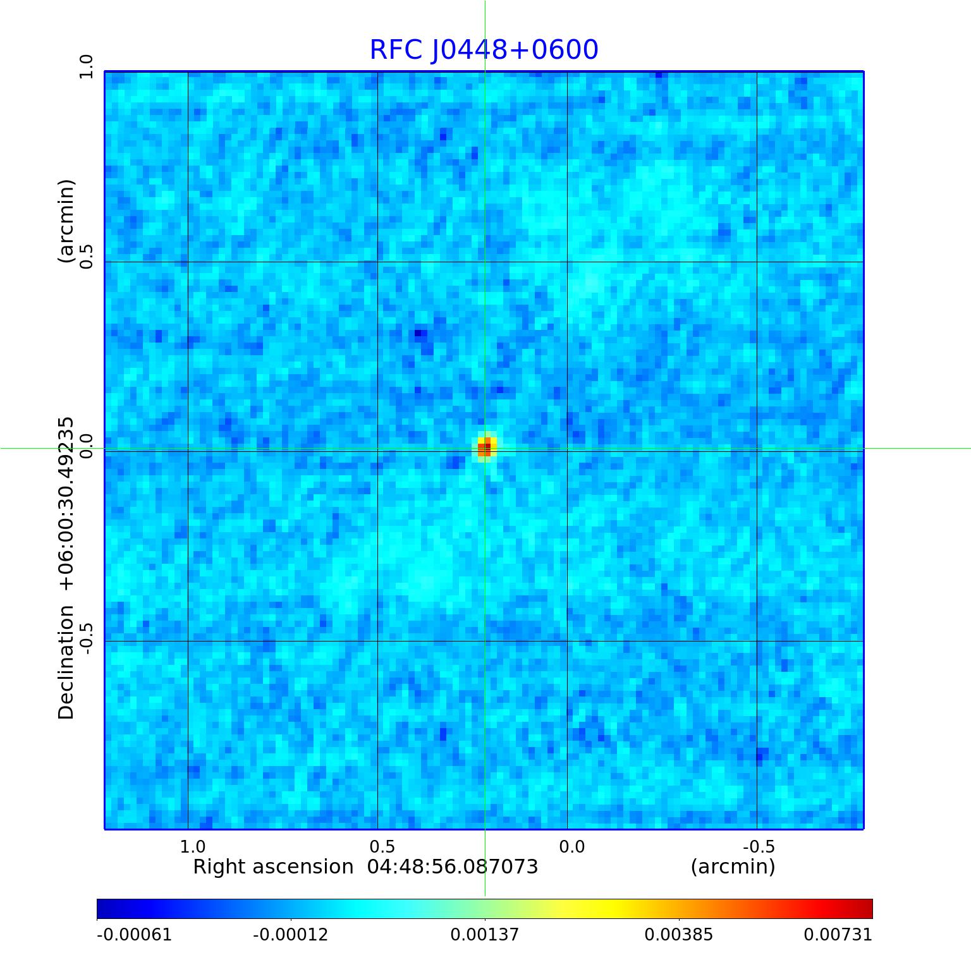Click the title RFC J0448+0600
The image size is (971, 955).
[x=484, y=50]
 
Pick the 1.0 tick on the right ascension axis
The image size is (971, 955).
[x=193, y=846]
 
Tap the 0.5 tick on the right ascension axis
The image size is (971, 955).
[x=382, y=846]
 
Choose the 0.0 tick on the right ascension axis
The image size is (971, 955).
[x=572, y=846]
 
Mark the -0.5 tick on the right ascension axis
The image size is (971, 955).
[x=759, y=846]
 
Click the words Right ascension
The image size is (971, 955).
[x=273, y=867]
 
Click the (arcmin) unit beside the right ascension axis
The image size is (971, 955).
[x=733, y=867]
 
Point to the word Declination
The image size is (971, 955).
[x=66, y=662]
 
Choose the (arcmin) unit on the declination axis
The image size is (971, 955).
[x=66, y=221]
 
